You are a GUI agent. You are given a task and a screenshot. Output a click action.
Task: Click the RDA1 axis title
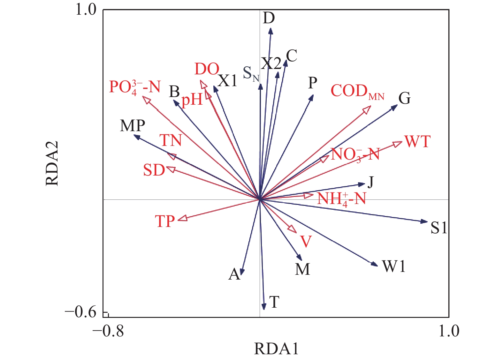click(x=276, y=349)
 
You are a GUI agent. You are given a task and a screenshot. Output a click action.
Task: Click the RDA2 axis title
click(x=52, y=163)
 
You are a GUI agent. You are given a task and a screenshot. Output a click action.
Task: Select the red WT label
click(x=417, y=141)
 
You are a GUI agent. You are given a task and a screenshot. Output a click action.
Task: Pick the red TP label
click(x=165, y=221)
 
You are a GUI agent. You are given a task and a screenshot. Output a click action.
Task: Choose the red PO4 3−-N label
click(x=134, y=87)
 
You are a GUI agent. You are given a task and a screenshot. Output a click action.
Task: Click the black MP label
click(x=133, y=126)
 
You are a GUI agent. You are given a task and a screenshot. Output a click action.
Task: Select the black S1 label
click(x=439, y=228)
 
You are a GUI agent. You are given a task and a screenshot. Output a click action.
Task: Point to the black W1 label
click(x=394, y=266)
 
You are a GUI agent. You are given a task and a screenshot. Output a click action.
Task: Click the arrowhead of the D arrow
click(x=271, y=31)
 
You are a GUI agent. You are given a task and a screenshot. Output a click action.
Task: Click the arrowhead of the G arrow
click(x=395, y=107)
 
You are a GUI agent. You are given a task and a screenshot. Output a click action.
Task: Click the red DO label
click(x=207, y=69)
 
